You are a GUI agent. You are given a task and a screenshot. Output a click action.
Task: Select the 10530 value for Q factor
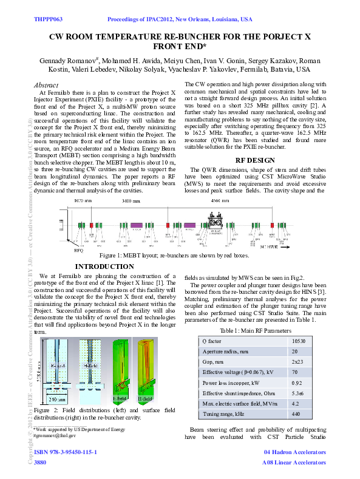pos(298,341)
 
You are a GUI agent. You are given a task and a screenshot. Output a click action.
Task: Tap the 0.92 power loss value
pos(296,383)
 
